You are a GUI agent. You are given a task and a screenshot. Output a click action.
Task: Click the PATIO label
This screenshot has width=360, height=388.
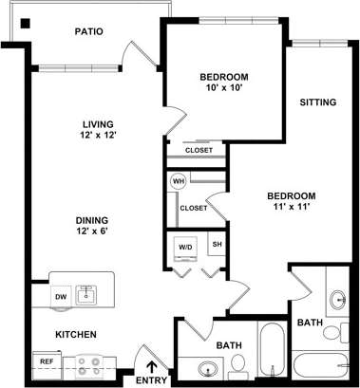(88, 32)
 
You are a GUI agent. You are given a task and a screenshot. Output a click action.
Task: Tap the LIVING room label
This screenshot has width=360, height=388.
(98, 124)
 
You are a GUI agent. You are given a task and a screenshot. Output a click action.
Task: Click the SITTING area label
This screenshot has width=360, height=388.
(318, 102)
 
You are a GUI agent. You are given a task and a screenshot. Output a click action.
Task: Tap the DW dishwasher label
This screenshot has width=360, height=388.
(60, 297)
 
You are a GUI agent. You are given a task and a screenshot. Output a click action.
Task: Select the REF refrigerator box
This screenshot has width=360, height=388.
(46, 361)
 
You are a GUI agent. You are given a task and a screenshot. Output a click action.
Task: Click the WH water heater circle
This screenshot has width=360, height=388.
(178, 180)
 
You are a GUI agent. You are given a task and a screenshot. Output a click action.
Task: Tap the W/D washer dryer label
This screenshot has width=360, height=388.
(184, 248)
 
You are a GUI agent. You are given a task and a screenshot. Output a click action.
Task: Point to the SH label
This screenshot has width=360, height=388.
(217, 244)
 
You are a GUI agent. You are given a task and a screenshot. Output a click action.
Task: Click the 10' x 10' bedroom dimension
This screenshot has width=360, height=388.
(224, 90)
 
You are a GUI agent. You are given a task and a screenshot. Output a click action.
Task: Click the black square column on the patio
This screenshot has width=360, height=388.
(25, 24)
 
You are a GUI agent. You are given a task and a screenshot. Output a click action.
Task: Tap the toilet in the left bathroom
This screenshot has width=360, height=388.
(238, 363)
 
